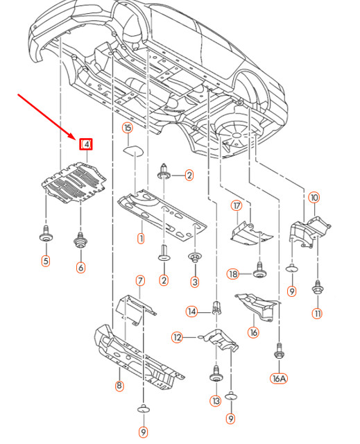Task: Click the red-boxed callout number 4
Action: tap(86, 145)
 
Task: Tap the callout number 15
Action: tap(128, 128)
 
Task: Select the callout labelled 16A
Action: tap(279, 378)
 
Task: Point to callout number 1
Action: tap(141, 239)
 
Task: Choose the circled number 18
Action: tap(233, 274)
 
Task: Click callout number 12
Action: tap(177, 337)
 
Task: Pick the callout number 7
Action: tap(140, 281)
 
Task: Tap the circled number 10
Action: tap(314, 197)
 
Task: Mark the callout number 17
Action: tap(237, 206)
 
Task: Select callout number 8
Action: tap(119, 386)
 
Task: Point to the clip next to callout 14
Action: tap(216, 308)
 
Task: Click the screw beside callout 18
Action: tap(259, 270)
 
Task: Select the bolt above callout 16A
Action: tap(278, 352)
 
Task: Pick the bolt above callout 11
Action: tap(317, 287)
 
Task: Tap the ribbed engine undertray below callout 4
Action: tap(74, 182)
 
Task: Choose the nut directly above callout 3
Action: tap(195, 257)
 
